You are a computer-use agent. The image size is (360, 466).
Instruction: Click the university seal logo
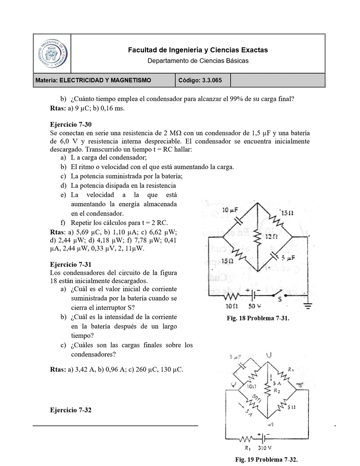(52, 53)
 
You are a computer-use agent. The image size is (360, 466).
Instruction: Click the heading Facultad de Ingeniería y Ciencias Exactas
(198, 50)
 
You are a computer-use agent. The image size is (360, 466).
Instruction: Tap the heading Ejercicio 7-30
(71, 124)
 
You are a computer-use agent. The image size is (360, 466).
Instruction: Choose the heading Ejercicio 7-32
(71, 410)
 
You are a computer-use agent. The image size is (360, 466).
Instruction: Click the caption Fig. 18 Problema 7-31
(257, 318)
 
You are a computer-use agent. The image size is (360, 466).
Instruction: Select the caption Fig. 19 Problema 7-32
(269, 459)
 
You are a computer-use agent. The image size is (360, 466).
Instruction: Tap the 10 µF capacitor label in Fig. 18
(230, 211)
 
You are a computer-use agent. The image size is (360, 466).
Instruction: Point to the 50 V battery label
(255, 305)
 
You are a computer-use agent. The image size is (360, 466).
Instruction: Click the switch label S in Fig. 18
(279, 299)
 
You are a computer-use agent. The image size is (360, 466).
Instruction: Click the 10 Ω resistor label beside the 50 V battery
(232, 305)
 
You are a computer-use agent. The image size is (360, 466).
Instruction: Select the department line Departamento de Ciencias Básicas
(198, 60)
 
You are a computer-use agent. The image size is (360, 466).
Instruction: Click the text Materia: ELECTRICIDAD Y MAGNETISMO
(93, 80)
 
